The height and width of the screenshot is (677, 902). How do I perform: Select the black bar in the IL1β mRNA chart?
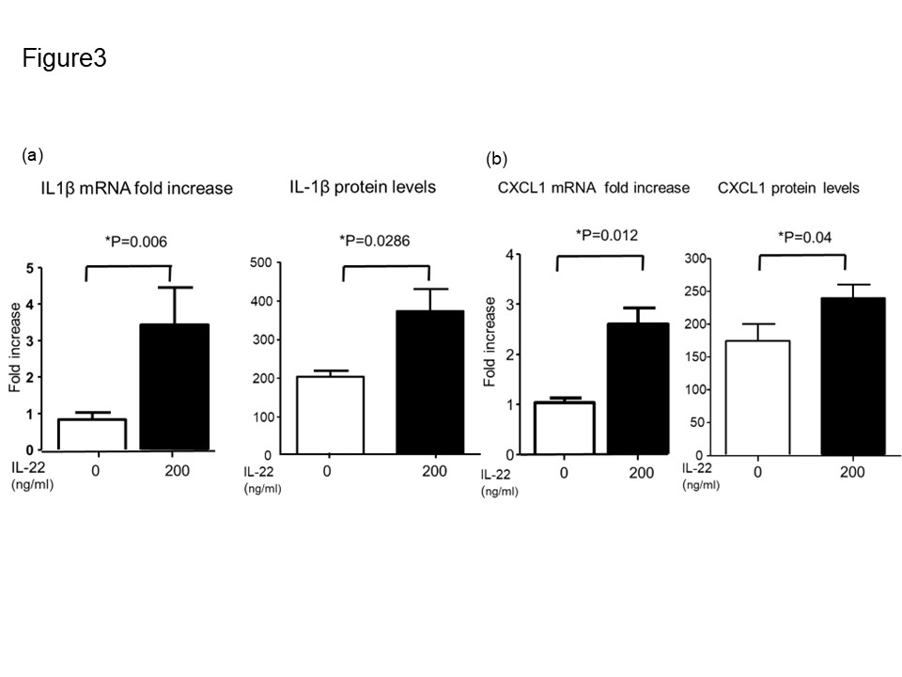click(x=174, y=386)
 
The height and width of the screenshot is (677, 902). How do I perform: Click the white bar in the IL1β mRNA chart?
click(x=91, y=433)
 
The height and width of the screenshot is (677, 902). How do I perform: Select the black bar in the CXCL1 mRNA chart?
click(x=635, y=388)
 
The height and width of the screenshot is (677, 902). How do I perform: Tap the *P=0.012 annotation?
click(x=602, y=234)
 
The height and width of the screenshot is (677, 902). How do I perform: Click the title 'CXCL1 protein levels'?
click(x=788, y=188)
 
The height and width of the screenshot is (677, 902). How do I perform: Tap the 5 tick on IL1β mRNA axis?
click(x=31, y=269)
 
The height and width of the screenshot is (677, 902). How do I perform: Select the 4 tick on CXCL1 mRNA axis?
click(x=508, y=255)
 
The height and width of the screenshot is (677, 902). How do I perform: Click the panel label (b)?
click(x=496, y=160)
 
